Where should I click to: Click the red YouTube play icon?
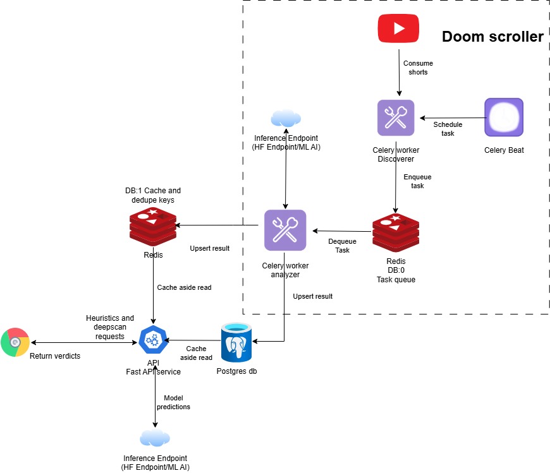[398, 28]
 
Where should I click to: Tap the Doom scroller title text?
[492, 37]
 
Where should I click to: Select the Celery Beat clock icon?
[503, 117]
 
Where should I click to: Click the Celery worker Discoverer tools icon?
[396, 117]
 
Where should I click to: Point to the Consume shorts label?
[418, 68]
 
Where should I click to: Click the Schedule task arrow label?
[448, 129]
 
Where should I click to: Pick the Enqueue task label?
[413, 182]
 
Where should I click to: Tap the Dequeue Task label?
[342, 246]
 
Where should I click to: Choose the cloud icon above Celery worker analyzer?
[285, 118]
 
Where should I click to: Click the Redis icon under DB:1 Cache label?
[152, 225]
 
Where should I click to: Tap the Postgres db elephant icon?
[236, 344]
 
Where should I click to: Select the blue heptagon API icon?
[153, 340]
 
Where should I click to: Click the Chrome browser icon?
[15, 342]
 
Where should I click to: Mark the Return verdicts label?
[55, 356]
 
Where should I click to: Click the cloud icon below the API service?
[155, 438]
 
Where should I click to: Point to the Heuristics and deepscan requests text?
[110, 323]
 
